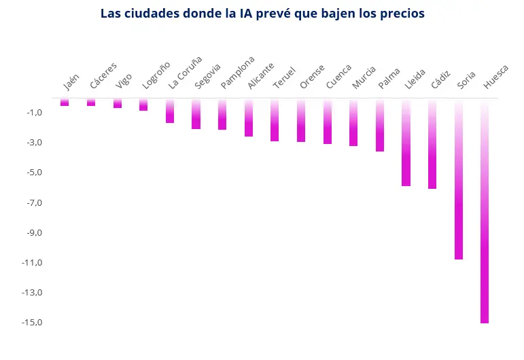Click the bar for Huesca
pos(485,211)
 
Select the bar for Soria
pos(459,179)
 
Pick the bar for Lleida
pos(406,143)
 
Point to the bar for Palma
pos(380,125)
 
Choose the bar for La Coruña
pos(170,111)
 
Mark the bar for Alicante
pos(249,118)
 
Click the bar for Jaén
pos(65,102)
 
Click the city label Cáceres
pos(103,76)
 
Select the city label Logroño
pos(156,75)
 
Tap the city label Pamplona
pos(238,73)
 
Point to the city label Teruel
pos(284,77)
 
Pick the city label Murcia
pos(364,77)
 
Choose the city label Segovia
pos(207,76)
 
